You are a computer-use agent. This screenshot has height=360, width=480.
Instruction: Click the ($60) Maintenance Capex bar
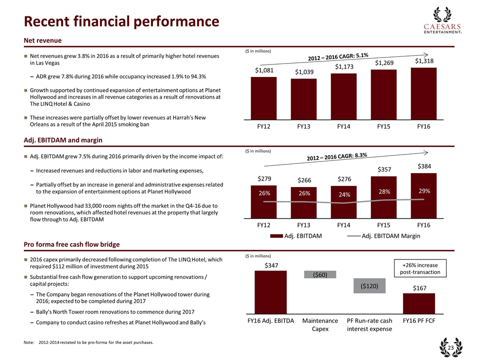(320, 274)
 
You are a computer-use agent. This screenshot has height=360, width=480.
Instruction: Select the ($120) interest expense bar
(370, 285)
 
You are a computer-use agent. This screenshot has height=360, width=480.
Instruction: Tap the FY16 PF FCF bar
(419, 301)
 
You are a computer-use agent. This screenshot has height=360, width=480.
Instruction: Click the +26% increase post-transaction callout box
(418, 268)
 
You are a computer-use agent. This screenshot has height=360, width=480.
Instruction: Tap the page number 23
(450, 348)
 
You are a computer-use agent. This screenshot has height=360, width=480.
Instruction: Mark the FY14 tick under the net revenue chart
(343, 126)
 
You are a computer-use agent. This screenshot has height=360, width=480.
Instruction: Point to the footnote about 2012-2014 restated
(88, 342)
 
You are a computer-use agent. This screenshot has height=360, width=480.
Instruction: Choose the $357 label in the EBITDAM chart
(383, 169)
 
